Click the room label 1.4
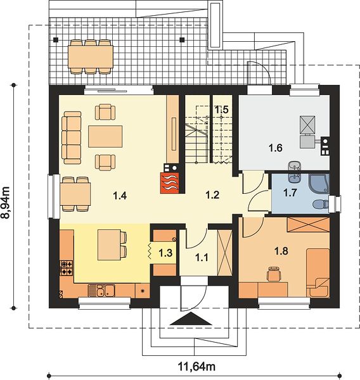tap(120, 195)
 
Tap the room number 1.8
tap(281, 251)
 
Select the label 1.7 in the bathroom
tap(290, 193)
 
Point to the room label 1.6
tap(276, 148)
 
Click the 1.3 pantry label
tap(165, 253)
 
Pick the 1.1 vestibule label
tap(202, 257)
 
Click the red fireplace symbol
tap(170, 183)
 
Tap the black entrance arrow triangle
tap(191, 319)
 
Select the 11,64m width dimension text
tap(196, 367)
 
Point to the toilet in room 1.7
tap(320, 205)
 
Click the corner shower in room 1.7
tap(319, 184)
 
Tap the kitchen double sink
tap(101, 291)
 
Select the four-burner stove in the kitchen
tap(67, 268)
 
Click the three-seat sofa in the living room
tap(72, 138)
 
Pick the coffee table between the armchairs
tap(105, 136)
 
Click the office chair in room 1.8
tap(274, 274)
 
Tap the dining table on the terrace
tap(91, 57)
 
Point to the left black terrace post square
tap(56, 40)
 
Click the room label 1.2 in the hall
tap(212, 194)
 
